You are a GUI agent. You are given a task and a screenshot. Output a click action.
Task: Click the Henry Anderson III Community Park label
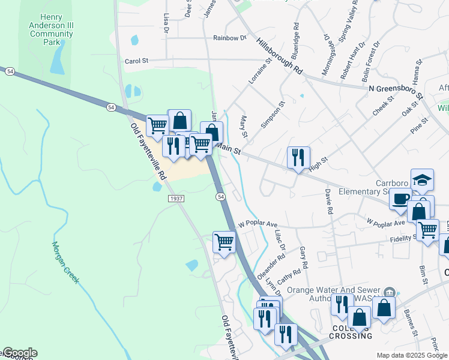click(51, 30)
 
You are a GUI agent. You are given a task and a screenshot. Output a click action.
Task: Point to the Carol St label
click(136, 61)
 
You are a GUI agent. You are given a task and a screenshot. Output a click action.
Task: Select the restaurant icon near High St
click(298, 158)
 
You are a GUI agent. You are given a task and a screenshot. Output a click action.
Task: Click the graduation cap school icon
click(422, 181)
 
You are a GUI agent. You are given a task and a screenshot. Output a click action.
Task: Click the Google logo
click(19, 353)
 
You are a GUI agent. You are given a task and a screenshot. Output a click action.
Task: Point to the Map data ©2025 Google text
click(412, 355)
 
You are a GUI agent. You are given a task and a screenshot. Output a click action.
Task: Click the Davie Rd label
click(329, 202)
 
